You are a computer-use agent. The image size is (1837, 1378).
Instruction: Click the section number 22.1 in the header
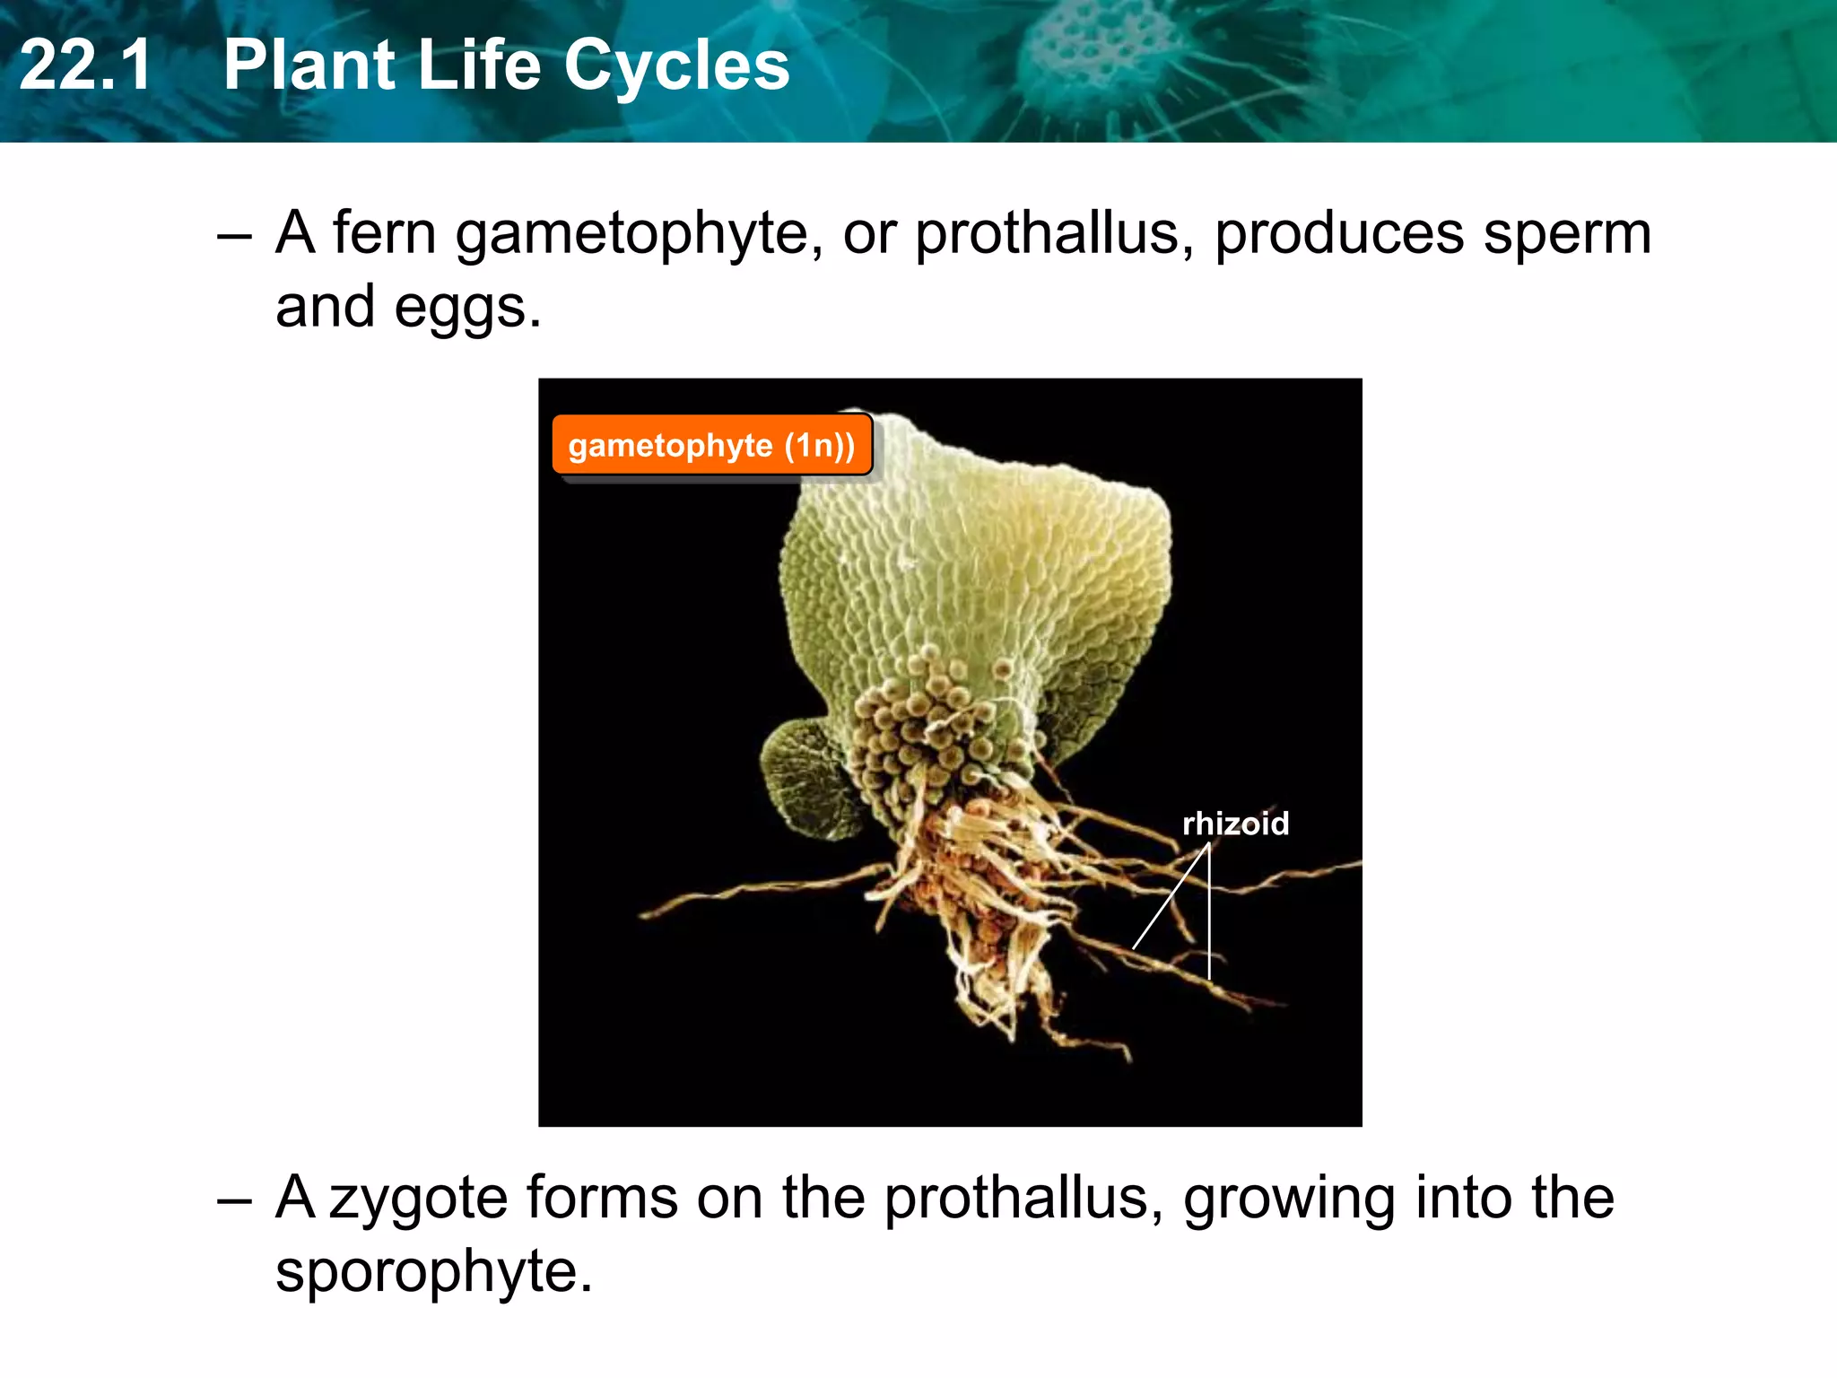[x=85, y=65]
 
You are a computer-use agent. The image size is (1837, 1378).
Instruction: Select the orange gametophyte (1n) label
[x=711, y=445]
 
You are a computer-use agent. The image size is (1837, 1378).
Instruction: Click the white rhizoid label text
[x=1235, y=823]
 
